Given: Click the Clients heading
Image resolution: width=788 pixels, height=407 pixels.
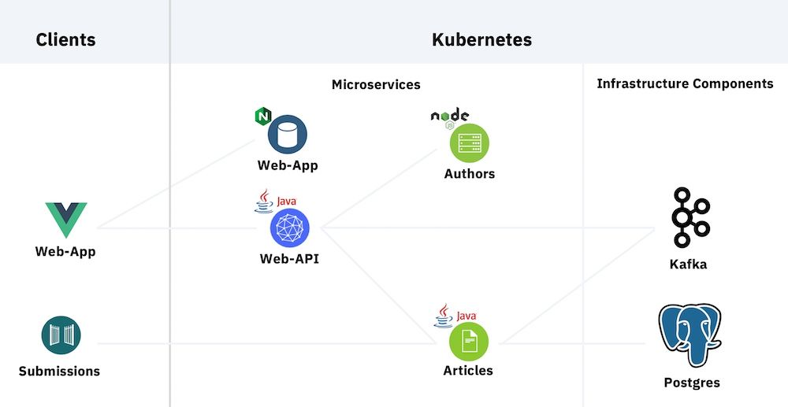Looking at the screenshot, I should tap(65, 39).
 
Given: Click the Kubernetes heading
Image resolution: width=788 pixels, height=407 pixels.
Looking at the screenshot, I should tap(481, 39).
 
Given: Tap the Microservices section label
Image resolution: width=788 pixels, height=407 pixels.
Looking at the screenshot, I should tap(376, 84).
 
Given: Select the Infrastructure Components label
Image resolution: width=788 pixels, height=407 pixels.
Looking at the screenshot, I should tap(685, 83).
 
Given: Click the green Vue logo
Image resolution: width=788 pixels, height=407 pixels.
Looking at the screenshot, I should tap(65, 220).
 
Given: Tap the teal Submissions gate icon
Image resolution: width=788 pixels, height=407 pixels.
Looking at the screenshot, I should tap(60, 335).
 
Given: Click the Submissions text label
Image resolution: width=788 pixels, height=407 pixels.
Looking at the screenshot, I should tap(60, 371).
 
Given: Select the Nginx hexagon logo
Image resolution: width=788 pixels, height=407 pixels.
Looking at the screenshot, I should tap(262, 117).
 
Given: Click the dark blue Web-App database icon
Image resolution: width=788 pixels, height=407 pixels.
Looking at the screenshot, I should tap(287, 135).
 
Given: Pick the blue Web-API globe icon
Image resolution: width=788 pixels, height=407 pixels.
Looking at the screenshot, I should tap(289, 228).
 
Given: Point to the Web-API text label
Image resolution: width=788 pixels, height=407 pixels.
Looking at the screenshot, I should tap(289, 259).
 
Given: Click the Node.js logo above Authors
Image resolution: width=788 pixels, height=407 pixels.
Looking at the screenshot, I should tap(448, 117).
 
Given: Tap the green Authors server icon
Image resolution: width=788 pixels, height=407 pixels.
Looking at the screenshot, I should tap(469, 144).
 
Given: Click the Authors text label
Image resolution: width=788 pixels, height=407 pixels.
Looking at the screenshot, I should tap(470, 174).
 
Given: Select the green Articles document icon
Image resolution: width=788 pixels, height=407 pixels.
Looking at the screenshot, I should tap(468, 341).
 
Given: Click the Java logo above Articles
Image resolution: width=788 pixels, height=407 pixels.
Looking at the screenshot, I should tap(454, 315).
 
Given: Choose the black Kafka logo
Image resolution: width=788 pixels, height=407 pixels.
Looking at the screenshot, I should tap(689, 217).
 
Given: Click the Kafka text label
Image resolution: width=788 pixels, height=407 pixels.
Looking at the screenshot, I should tap(688, 265).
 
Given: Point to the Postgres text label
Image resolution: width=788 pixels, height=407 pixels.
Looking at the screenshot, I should tap(692, 383).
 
